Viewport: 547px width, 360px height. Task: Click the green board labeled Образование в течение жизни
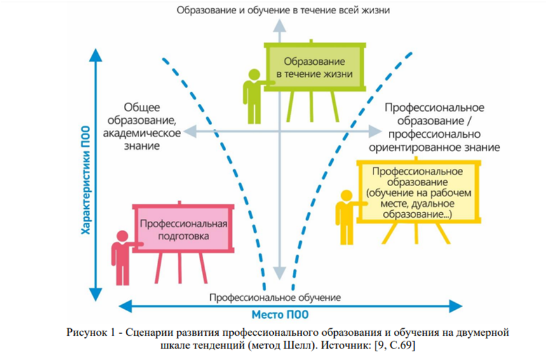(x=314, y=67)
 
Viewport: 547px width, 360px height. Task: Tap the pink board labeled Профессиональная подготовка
(x=183, y=229)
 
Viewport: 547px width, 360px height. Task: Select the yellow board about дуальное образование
(x=419, y=192)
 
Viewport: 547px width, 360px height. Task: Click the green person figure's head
(x=254, y=74)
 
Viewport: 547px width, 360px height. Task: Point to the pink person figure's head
(x=122, y=236)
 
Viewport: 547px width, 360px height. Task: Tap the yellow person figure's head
(x=346, y=196)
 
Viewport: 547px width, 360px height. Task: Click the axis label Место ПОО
(x=280, y=315)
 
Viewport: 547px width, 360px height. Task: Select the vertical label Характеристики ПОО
(x=86, y=180)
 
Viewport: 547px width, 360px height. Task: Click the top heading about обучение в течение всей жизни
(x=283, y=10)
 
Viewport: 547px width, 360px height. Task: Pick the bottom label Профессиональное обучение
(x=275, y=297)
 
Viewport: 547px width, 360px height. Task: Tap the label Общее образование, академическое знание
(x=142, y=126)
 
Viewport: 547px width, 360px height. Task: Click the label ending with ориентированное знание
(x=435, y=127)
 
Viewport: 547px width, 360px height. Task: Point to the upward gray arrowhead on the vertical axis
(x=280, y=26)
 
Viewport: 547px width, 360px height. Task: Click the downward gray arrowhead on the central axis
(x=280, y=273)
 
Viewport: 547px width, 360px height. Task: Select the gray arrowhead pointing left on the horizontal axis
(x=190, y=131)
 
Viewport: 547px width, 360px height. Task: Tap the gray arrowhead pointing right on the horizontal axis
(x=375, y=131)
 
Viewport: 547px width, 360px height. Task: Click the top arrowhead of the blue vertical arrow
(x=95, y=55)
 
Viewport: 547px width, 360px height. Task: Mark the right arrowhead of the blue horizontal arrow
(x=456, y=306)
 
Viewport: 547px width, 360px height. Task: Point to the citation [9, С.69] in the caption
(x=394, y=345)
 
